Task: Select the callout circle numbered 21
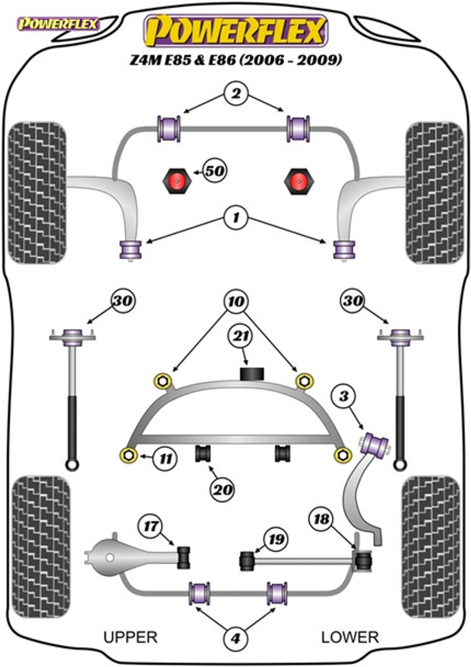pos(240,336)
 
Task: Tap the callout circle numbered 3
pos(344,396)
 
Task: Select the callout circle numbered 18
pos(322,519)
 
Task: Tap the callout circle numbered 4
pos(235,636)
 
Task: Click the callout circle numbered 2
pos(236,94)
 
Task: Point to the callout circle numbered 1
pos(236,218)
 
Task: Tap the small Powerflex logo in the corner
pos(58,24)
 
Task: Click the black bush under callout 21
pos(252,374)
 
